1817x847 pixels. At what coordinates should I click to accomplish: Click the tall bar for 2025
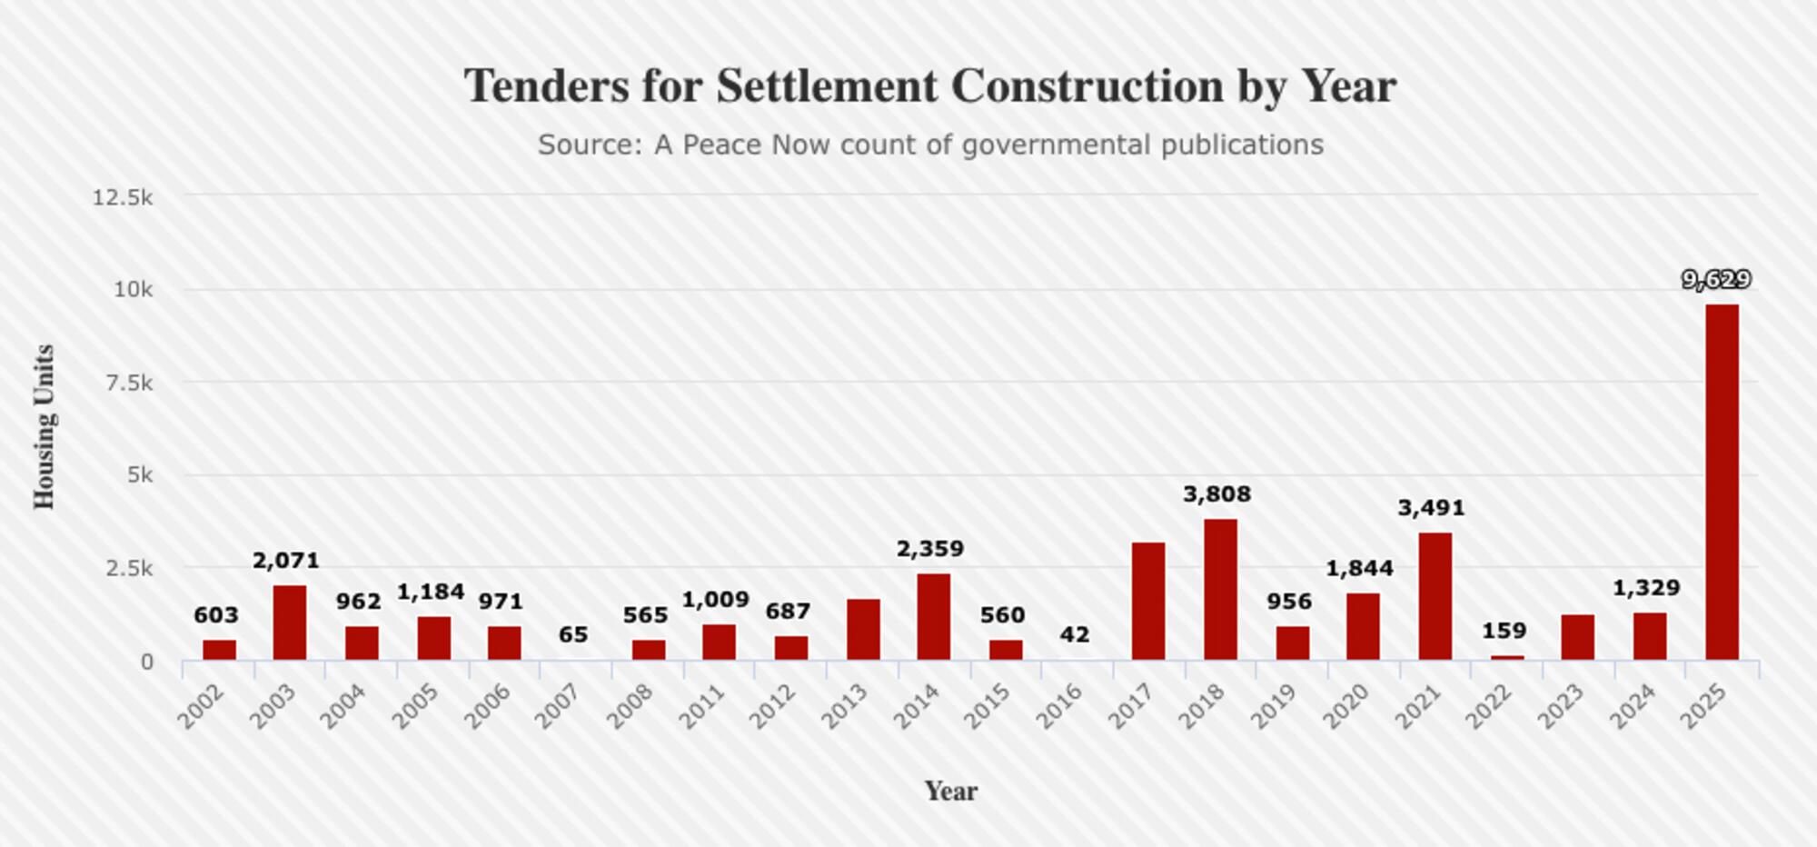coord(1722,482)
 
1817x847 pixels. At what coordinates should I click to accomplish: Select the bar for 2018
coord(1220,589)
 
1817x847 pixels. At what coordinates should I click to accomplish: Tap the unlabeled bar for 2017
coord(1148,601)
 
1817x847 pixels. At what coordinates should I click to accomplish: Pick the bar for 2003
coord(290,623)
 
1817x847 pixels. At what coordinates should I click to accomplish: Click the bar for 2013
coord(863,629)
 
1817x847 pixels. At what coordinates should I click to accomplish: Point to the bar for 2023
coord(1578,637)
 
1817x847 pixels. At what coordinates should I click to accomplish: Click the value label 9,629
coord(1716,280)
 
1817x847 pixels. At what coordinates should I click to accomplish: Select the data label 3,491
coord(1431,508)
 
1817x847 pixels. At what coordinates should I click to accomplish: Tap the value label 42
coord(1075,634)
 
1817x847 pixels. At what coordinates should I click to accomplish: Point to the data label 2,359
coord(929,549)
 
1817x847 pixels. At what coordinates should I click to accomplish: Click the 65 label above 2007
coord(573,634)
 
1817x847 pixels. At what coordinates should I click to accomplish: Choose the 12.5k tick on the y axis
coord(123,197)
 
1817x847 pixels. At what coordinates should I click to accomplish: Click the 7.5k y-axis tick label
coord(129,384)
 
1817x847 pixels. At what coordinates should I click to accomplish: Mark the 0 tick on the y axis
coord(147,662)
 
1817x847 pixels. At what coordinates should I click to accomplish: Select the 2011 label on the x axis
coord(702,706)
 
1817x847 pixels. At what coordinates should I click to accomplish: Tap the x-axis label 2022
coord(1489,706)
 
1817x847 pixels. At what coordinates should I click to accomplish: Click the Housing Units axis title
coord(44,427)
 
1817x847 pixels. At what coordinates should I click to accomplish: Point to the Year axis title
coord(951,792)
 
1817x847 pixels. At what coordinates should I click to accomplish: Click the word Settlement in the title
coord(827,87)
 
